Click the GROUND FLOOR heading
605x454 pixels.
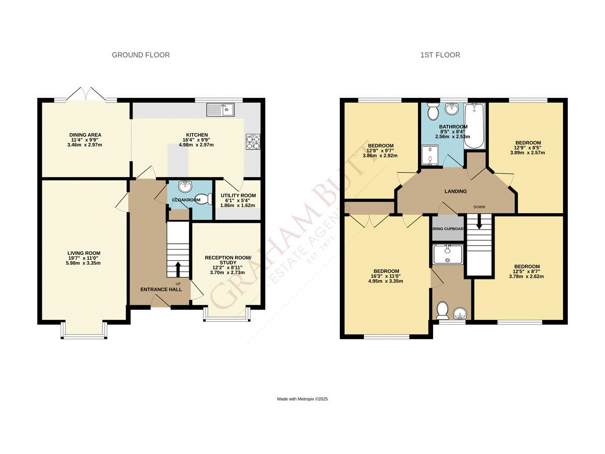[141, 55]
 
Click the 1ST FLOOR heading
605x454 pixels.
[440, 55]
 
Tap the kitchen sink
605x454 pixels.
[220, 108]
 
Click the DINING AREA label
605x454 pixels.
[86, 135]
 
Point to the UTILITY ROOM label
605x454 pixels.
[237, 195]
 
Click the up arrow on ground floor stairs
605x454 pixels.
[177, 268]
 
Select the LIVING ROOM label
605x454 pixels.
[84, 253]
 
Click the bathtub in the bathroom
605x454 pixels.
[474, 126]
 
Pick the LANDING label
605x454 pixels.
[455, 191]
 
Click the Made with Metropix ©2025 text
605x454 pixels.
[302, 399]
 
